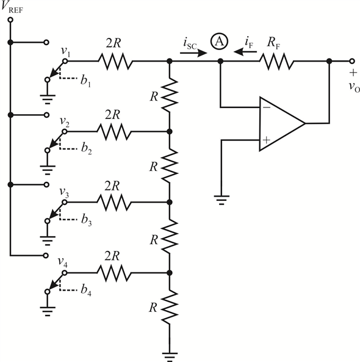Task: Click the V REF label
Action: click(x=12, y=7)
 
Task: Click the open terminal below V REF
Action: click(x=10, y=20)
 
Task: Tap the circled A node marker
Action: click(x=219, y=42)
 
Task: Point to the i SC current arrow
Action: click(x=193, y=53)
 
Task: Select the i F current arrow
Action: click(x=245, y=51)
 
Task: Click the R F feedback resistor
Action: click(x=276, y=61)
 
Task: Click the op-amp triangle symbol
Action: click(x=283, y=123)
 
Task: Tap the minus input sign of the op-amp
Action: click(x=267, y=107)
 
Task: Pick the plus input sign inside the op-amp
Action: click(x=266, y=140)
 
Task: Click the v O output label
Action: click(x=355, y=87)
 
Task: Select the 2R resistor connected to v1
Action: click(x=115, y=61)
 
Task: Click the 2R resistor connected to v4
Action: click(x=114, y=273)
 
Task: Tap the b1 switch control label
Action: click(x=85, y=81)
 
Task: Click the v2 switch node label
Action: click(x=65, y=121)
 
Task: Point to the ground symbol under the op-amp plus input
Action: click(x=221, y=200)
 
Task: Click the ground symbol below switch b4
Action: click(x=48, y=311)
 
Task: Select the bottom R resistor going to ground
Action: click(x=170, y=307)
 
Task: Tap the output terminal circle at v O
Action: click(x=351, y=61)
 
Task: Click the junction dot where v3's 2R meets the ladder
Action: click(x=170, y=202)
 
